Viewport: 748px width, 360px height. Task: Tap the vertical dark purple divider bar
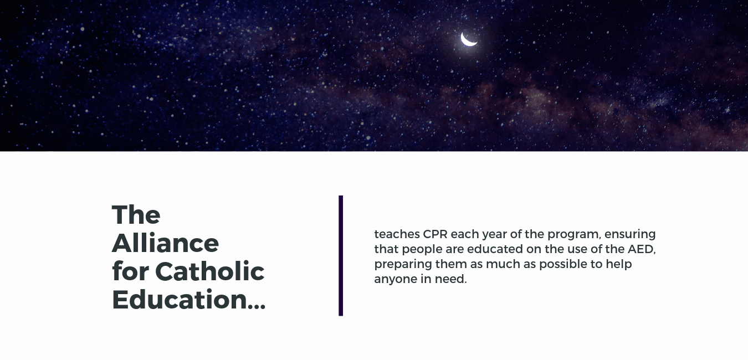coord(341,255)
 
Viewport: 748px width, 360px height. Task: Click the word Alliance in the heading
coord(165,243)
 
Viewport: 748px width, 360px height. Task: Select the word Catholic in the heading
coord(209,271)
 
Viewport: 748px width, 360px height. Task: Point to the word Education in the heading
coord(180,300)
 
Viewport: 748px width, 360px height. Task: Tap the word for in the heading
coord(131,271)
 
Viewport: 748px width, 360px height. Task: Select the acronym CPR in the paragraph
coord(435,234)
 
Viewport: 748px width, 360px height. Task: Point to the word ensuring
coord(630,234)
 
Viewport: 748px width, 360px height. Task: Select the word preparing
coord(403,265)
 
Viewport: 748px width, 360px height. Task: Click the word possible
coord(563,265)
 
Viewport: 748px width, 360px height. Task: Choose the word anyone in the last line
coord(396,280)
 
